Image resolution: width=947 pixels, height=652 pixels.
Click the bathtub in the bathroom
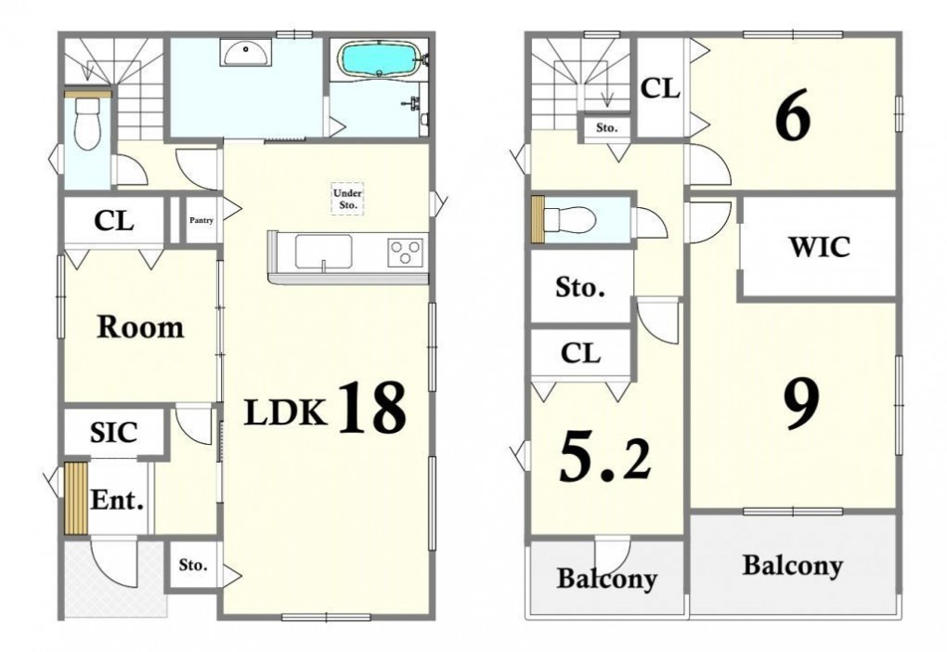point(378,59)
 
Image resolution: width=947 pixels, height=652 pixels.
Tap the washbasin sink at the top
point(246,52)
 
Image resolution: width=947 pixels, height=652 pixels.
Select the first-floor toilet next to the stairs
point(87,124)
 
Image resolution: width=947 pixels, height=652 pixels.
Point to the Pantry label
point(201,220)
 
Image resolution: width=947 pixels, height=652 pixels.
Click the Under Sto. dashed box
point(348,199)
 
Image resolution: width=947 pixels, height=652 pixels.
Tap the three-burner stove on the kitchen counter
point(405,253)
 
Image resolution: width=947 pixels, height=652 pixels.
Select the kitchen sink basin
point(324,252)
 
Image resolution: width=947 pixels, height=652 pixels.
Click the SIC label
point(113,433)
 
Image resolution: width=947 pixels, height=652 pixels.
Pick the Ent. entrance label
point(117,501)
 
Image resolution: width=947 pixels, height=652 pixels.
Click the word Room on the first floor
point(140,327)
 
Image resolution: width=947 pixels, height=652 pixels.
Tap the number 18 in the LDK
point(371,408)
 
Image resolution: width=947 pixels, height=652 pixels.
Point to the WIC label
point(819,246)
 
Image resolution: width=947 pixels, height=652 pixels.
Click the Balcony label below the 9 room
point(792,567)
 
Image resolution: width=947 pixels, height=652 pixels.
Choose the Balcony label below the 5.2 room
point(606,579)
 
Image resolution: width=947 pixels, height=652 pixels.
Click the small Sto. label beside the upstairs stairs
point(606,128)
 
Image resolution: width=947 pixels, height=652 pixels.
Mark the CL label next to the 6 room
point(660,88)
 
